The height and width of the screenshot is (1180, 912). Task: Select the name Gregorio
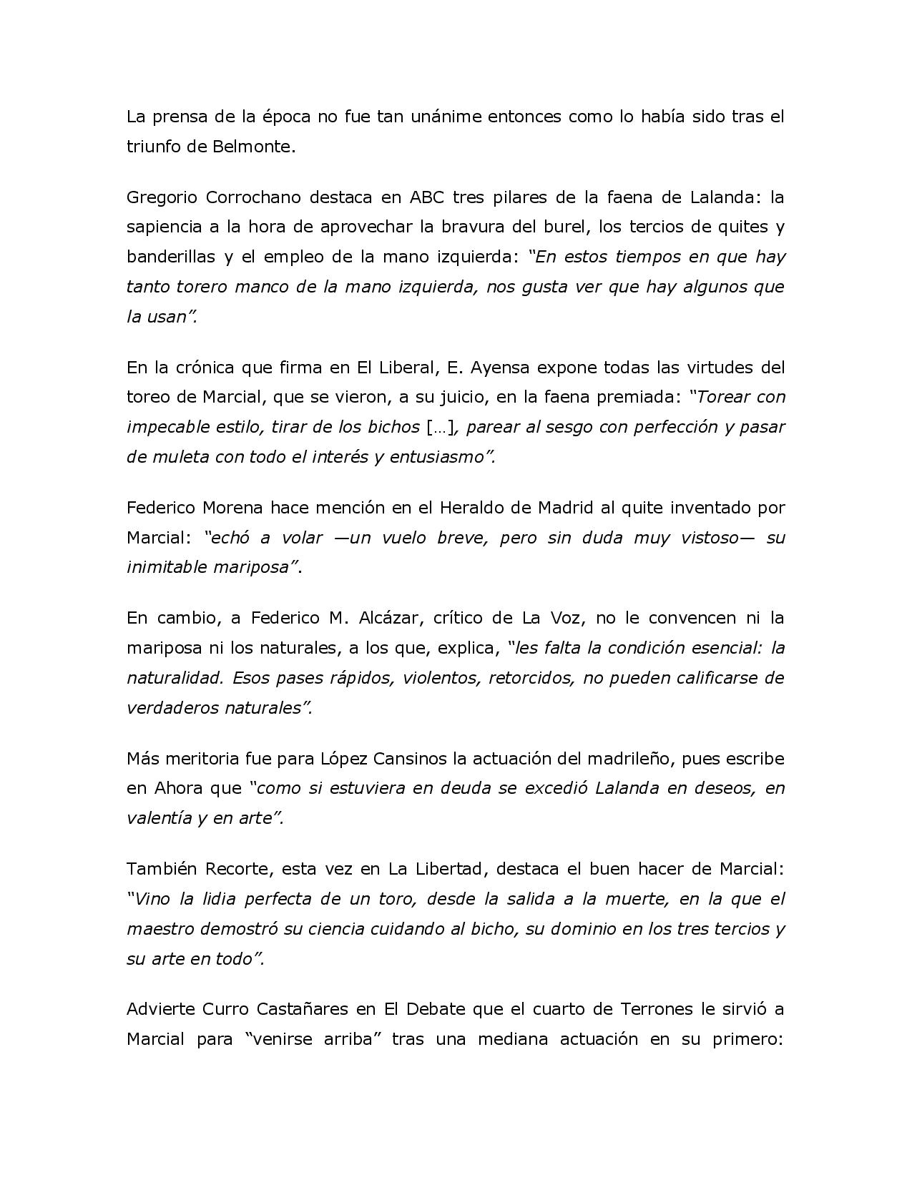click(x=161, y=197)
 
